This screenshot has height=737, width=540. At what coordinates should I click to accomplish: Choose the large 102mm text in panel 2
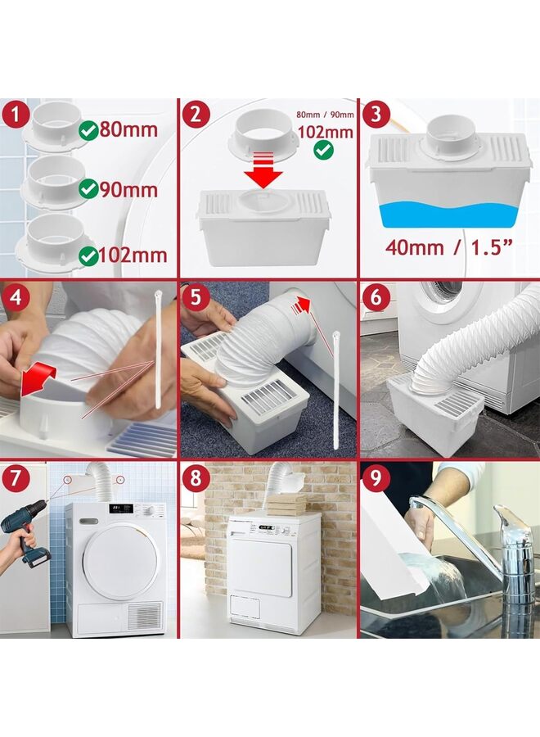326,133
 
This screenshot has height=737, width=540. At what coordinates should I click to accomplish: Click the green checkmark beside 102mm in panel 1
87,255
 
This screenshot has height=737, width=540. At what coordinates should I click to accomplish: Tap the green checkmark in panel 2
324,150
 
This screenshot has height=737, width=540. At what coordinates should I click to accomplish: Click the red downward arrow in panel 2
263,174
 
